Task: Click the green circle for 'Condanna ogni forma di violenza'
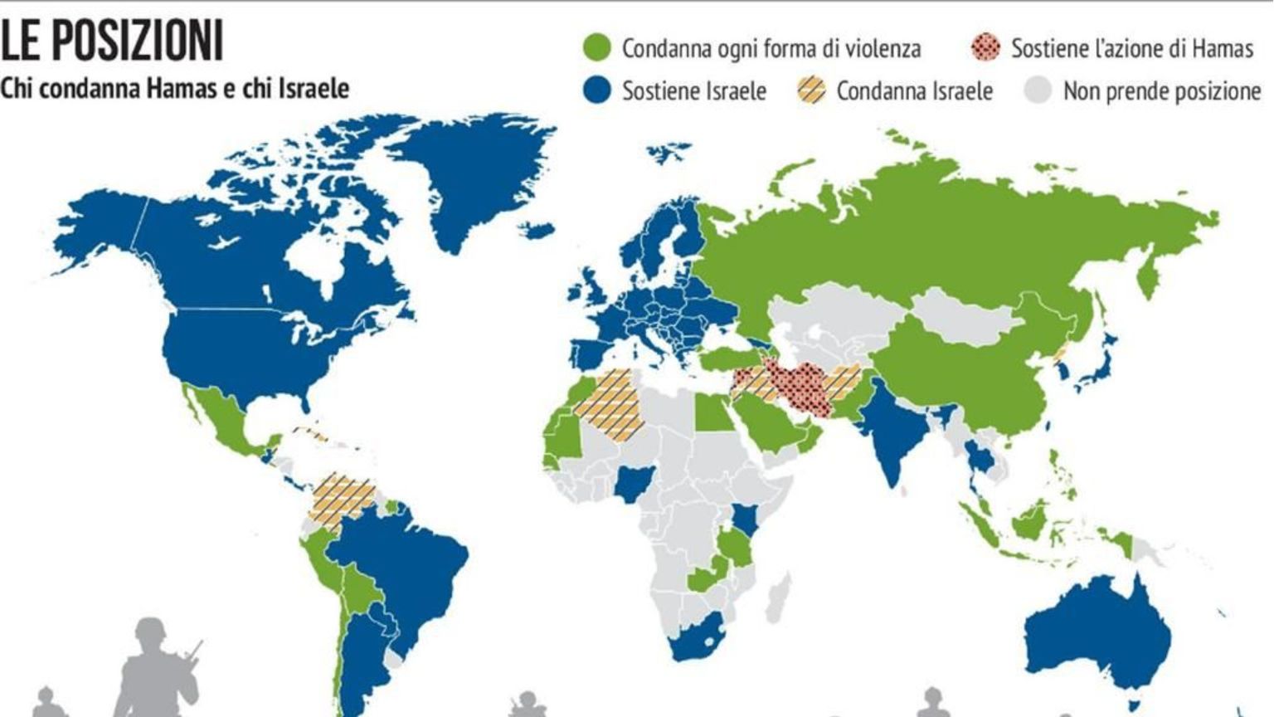[x=597, y=48]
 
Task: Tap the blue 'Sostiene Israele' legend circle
[x=597, y=90]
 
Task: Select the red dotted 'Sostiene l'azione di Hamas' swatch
[x=985, y=48]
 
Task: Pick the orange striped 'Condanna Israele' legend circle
[x=811, y=90]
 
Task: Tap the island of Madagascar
[x=777, y=596]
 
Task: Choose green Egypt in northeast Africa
[x=709, y=412]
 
